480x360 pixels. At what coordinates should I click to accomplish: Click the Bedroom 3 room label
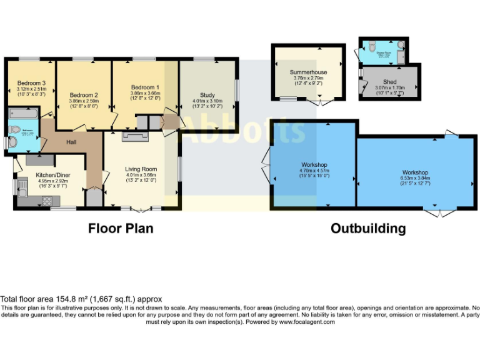[x=31, y=82]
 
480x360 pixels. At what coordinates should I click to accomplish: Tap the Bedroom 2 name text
[x=83, y=93]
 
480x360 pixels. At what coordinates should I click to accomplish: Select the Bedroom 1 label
[x=145, y=87]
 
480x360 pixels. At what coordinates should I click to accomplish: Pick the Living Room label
[x=141, y=169]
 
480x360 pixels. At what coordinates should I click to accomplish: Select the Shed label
[x=389, y=82]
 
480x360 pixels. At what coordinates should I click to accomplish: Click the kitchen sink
[x=23, y=186]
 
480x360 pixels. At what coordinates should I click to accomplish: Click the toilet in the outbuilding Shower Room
[x=372, y=46]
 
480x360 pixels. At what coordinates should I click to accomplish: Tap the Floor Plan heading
[x=121, y=229]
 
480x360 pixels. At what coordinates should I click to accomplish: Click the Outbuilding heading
[x=368, y=229]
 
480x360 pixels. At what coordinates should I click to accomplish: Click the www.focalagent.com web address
[x=307, y=322]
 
